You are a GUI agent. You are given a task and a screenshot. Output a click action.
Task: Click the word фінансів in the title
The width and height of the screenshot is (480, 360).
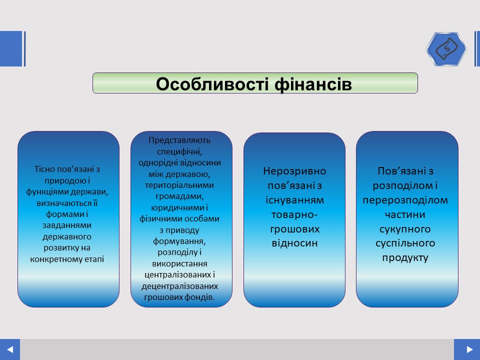313,83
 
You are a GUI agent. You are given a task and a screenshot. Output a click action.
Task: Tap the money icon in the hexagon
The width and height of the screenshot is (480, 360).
446,49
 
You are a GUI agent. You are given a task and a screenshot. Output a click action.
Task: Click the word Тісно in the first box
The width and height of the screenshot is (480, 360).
44,169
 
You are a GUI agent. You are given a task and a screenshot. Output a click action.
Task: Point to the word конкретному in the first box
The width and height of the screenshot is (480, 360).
56,259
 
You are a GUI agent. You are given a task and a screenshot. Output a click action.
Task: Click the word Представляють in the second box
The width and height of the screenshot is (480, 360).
179,140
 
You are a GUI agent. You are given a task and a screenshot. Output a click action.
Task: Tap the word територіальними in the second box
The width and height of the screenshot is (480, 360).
179,185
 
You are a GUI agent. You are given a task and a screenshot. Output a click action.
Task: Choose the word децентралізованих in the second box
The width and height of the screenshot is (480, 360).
179,286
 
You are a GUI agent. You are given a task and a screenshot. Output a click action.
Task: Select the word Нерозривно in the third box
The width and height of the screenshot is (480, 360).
294,171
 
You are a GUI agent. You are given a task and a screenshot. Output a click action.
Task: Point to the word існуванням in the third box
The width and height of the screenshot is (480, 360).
294,200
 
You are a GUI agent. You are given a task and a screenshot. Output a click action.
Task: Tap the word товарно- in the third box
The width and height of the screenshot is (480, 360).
294,214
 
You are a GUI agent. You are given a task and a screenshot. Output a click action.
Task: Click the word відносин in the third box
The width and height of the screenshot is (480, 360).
294,243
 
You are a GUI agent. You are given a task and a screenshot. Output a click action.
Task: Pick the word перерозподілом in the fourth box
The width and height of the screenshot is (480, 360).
405,200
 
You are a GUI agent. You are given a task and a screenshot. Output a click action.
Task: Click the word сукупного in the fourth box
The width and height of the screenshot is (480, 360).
405,229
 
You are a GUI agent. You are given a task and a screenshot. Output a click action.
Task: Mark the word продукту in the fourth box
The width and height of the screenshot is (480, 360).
405,258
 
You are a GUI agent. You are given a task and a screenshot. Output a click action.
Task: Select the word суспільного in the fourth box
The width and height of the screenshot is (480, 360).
405,243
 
